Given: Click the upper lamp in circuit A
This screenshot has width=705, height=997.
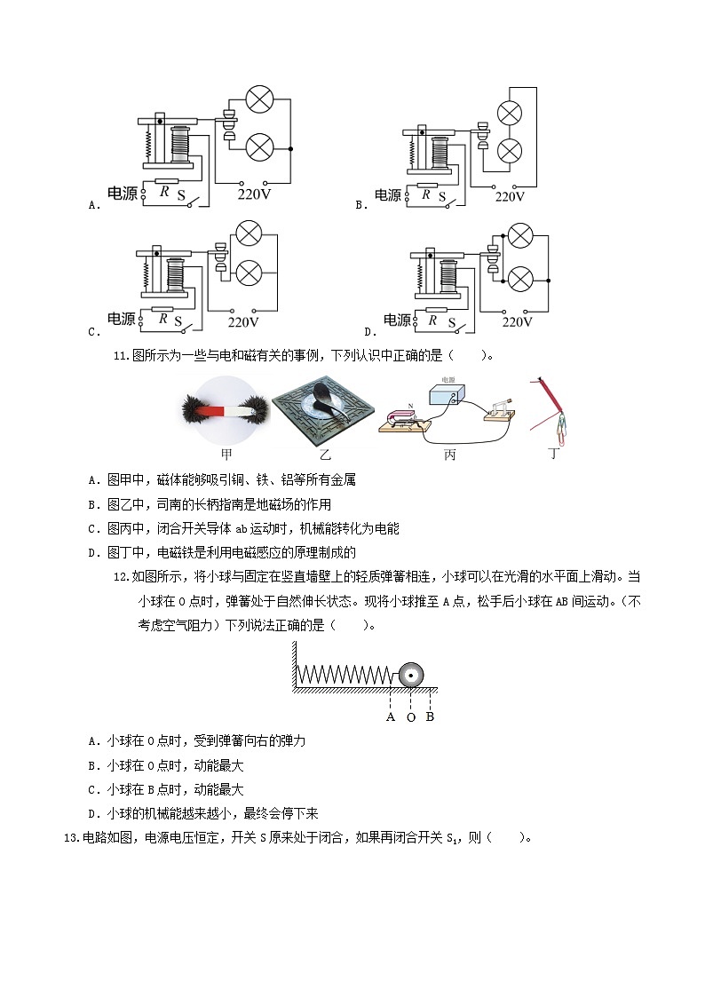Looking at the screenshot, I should [x=257, y=101].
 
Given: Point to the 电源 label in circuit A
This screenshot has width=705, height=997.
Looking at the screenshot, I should [x=122, y=193].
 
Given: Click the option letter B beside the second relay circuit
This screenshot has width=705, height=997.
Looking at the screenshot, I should [x=360, y=205].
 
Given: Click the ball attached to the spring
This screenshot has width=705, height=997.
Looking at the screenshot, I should [x=411, y=675].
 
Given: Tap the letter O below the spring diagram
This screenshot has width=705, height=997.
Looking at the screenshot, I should [x=411, y=717].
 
